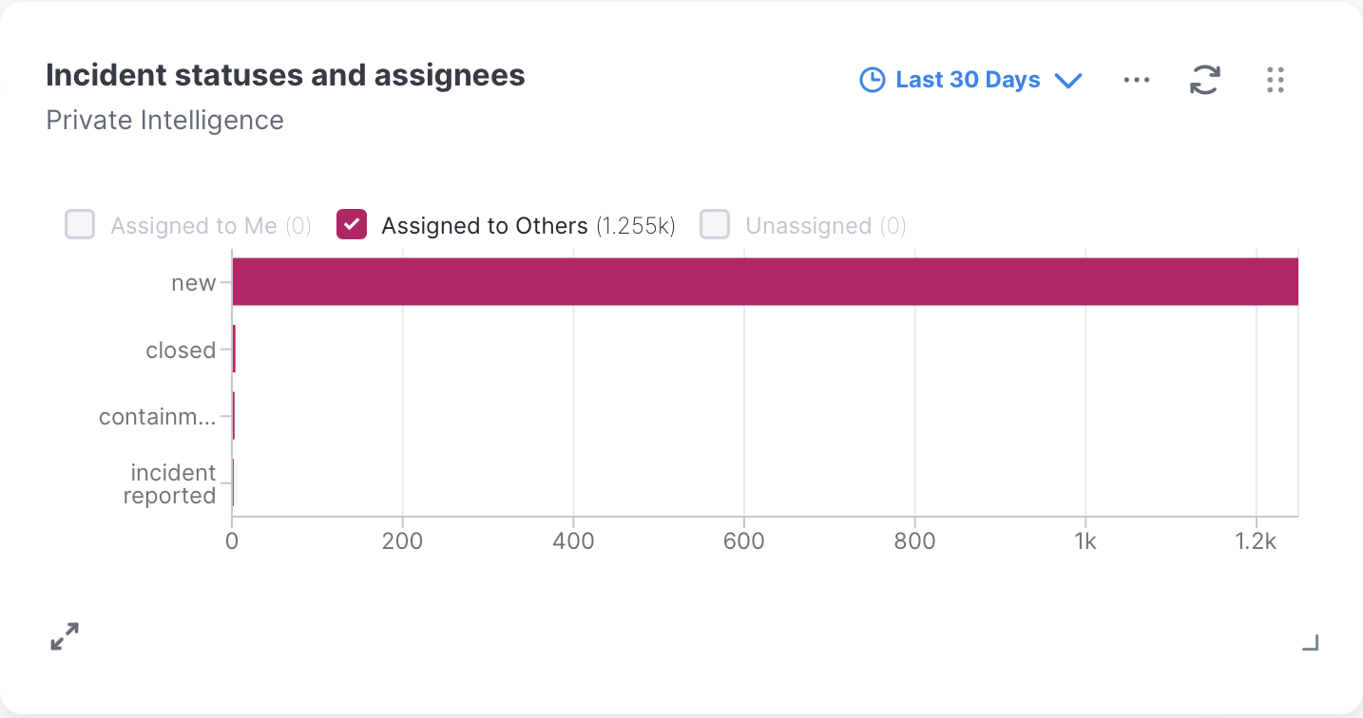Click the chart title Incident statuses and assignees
tap(285, 75)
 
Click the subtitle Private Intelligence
tap(164, 121)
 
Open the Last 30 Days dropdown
tap(970, 80)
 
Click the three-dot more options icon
tap(1137, 80)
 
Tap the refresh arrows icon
tap(1205, 80)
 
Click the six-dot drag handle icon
tap(1276, 80)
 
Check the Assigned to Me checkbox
tap(80, 225)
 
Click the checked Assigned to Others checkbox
tap(352, 225)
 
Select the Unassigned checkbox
tap(715, 225)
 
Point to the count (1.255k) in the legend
tap(635, 226)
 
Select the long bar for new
tap(765, 281)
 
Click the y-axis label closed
tap(181, 350)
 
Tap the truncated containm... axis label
tap(157, 417)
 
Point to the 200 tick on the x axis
tap(402, 541)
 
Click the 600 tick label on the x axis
tap(743, 541)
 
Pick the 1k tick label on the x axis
tap(1085, 541)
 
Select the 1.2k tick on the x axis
tap(1256, 541)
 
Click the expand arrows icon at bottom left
tap(65, 636)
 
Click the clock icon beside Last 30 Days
tap(872, 80)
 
